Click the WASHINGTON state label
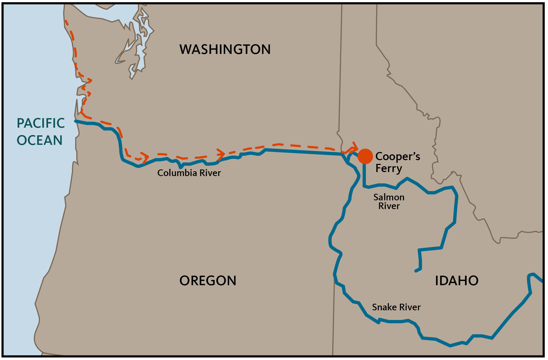coord(225,49)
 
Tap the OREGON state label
coord(208,281)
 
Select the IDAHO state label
coord(457,281)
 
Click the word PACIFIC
coord(41,123)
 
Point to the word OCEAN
coord(40,140)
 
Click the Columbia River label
coord(189,173)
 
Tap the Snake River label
coord(396,307)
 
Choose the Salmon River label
coord(389,201)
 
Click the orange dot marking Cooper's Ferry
coord(365,156)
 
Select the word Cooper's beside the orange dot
coord(397,156)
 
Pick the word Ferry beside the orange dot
coord(389,168)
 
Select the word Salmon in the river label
coord(389,197)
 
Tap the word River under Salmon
coord(389,206)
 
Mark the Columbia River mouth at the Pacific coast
coord(76,121)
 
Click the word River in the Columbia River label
coord(210,173)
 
